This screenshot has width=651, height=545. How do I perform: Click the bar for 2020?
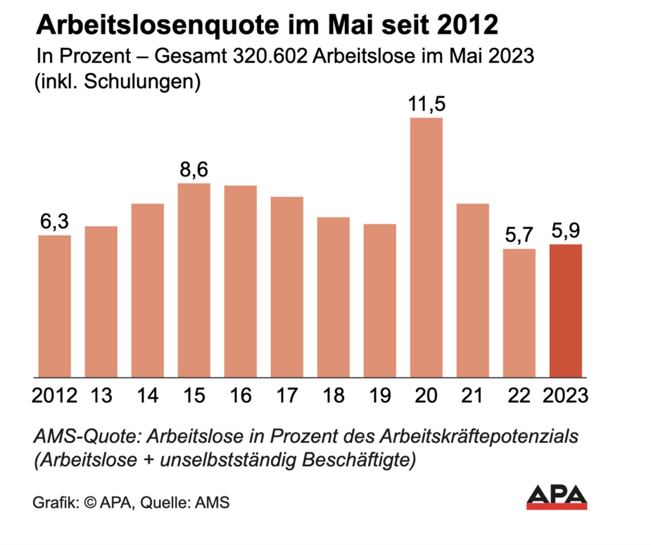(426, 247)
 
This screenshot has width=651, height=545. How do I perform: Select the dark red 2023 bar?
(566, 310)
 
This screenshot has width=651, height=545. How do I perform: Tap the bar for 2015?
(194, 280)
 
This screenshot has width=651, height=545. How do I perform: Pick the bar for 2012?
(55, 306)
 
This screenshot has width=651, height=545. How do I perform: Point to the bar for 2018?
(333, 297)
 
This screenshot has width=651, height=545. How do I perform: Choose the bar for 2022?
(519, 313)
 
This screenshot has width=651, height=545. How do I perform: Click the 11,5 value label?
(426, 105)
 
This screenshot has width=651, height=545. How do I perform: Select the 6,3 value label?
(55, 222)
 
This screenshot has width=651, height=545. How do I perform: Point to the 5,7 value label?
(519, 235)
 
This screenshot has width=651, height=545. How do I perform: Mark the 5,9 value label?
(566, 231)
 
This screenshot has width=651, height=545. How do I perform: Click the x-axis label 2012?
(55, 395)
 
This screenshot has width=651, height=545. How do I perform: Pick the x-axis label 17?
(287, 395)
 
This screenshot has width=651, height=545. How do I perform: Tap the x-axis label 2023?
(565, 395)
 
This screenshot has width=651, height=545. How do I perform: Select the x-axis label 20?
(426, 395)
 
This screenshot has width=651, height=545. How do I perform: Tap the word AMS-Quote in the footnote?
(70, 436)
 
